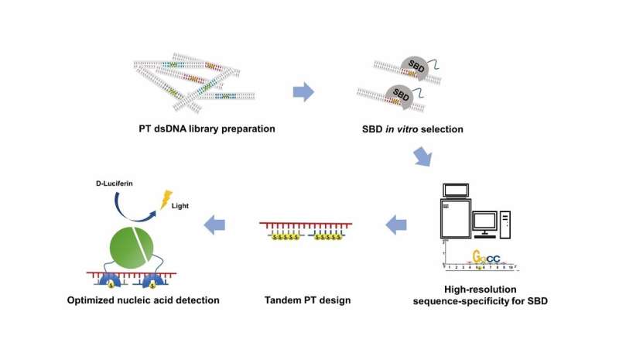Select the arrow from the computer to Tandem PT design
point(396,225)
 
